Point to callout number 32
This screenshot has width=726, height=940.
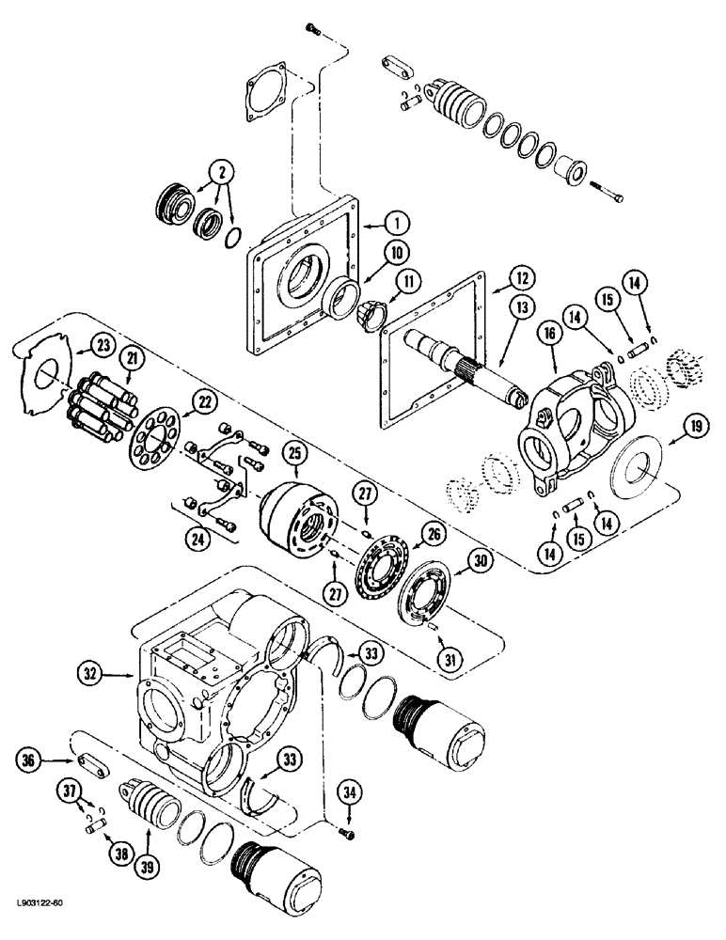point(91,673)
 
